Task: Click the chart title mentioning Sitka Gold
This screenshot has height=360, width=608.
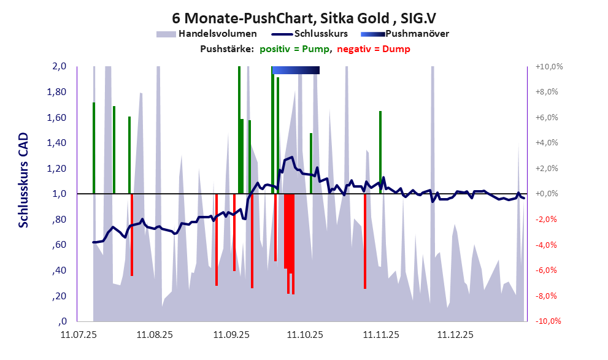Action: (304, 18)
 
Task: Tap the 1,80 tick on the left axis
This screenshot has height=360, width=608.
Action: (57, 92)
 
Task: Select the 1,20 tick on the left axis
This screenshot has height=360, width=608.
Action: (57, 169)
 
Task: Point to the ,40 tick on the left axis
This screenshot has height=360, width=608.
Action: (59, 270)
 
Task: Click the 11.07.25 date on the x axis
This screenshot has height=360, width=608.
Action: (78, 335)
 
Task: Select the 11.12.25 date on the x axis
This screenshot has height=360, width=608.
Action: (455, 335)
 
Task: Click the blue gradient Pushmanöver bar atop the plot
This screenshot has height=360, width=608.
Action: (296, 70)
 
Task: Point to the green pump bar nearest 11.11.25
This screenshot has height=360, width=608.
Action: (380, 152)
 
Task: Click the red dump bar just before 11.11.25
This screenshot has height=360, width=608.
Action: (365, 241)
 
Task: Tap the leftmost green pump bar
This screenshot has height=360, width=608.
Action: (94, 147)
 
